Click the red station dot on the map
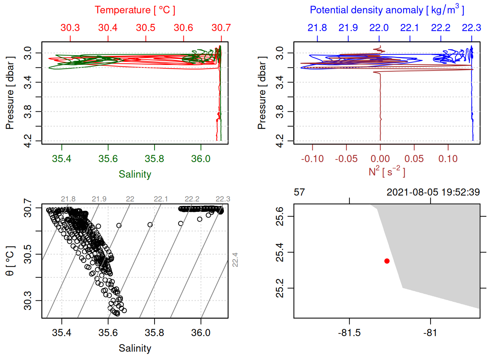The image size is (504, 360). (x=387, y=261)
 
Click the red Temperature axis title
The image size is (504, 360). (x=135, y=10)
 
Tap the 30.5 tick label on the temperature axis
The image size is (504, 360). (x=145, y=28)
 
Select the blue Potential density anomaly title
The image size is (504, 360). (x=387, y=10)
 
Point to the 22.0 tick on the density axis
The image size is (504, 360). (x=379, y=28)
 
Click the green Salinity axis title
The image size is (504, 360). (x=135, y=174)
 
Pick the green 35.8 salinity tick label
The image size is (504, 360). (x=154, y=159)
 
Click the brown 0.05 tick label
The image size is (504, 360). (x=414, y=159)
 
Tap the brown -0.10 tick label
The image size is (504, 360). (x=312, y=159)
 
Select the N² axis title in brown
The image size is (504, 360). (x=387, y=171)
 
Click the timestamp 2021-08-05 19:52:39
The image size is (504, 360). (x=433, y=192)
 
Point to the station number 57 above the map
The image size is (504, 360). (x=299, y=192)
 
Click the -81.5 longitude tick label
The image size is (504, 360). (x=349, y=333)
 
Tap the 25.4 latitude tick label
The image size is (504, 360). (x=280, y=252)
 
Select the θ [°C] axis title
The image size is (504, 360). (x=10, y=261)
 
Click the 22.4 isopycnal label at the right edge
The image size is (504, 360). (x=235, y=260)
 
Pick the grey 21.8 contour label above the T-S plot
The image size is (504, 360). (x=68, y=199)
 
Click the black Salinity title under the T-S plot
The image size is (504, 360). (x=135, y=348)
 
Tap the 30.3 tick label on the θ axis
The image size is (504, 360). (x=28, y=301)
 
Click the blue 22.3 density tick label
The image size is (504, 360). (x=471, y=28)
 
